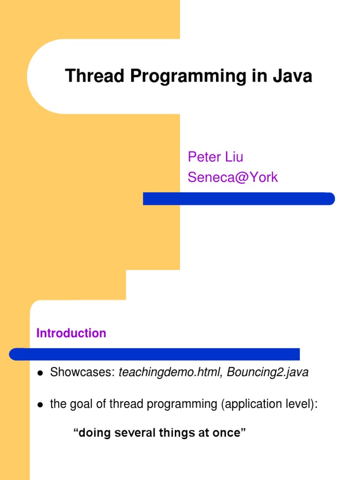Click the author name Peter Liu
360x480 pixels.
pos(215,157)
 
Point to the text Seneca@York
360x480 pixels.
pos(232,177)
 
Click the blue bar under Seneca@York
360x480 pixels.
pos(239,199)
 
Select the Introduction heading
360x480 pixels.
pos(71,333)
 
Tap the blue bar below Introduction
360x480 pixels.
pos(155,354)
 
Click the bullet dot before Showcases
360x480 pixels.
pos(40,374)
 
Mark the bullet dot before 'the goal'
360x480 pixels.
pos(40,405)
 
